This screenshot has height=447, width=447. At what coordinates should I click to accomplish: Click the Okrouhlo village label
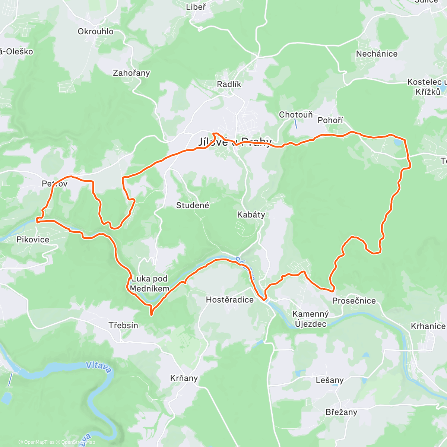tap(95, 32)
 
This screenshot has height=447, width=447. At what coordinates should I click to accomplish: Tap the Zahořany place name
tap(131, 73)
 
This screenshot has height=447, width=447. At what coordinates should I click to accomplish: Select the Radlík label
tap(229, 85)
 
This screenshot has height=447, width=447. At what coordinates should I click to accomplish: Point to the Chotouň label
tap(296, 115)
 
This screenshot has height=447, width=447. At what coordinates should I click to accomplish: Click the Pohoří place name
tap(330, 120)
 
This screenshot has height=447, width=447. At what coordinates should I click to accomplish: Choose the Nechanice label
tap(377, 54)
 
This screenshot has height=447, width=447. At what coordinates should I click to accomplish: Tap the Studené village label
tap(193, 205)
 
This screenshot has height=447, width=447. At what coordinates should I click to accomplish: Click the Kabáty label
tap(251, 215)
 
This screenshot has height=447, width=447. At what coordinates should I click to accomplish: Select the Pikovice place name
tap(33, 240)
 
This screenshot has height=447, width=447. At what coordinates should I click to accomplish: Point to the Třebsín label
tap(123, 325)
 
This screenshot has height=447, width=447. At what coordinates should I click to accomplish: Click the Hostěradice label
tap(230, 300)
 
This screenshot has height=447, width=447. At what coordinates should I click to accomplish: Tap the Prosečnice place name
tap(354, 301)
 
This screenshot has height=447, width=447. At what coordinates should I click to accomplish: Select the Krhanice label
tap(428, 326)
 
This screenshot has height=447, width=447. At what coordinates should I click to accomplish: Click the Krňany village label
tap(184, 378)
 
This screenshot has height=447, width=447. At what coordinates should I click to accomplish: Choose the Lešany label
tap(329, 380)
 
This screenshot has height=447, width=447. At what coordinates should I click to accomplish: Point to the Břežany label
tap(341, 412)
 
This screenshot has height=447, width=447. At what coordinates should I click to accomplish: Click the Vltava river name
tap(99, 367)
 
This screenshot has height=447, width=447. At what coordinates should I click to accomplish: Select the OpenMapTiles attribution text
tap(36, 442)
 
